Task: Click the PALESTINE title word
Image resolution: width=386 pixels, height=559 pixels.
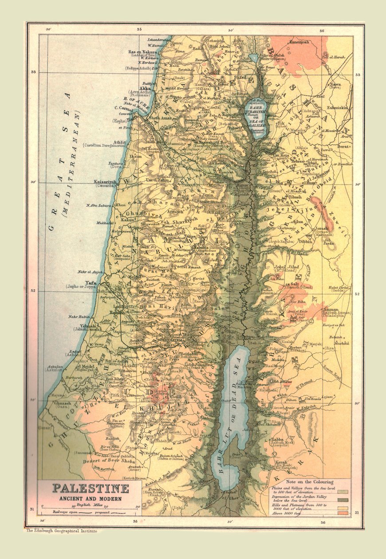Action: [x=91, y=489]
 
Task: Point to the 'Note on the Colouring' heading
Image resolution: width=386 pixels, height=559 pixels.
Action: [x=310, y=481]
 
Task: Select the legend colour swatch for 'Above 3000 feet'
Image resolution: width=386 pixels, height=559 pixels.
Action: [x=343, y=513]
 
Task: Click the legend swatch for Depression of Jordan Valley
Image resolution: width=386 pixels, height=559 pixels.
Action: [x=343, y=499]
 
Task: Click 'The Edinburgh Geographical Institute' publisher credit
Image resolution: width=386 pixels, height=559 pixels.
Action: [x=61, y=531]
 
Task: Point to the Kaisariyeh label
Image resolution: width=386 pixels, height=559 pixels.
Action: [x=105, y=182]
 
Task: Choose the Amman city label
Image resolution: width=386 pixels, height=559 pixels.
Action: [x=331, y=310]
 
